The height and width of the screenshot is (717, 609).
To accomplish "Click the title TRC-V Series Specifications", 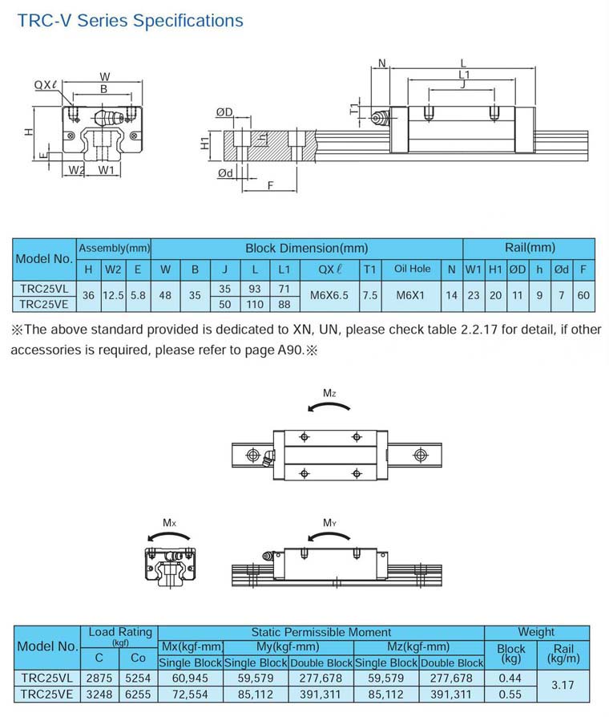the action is click(x=130, y=21).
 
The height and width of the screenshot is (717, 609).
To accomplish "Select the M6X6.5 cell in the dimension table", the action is click(x=329, y=295).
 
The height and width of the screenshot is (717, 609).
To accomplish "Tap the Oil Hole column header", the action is click(x=412, y=269).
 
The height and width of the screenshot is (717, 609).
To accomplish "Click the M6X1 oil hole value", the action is click(x=410, y=295).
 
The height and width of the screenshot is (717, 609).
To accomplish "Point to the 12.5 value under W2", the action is click(x=113, y=295).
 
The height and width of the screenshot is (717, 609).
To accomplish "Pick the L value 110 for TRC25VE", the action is click(x=255, y=304).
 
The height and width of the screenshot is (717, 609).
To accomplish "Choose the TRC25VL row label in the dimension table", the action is click(x=44, y=289).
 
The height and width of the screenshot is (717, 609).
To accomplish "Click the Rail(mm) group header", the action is click(x=530, y=248).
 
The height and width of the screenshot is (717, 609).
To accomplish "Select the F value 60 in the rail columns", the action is click(x=583, y=295).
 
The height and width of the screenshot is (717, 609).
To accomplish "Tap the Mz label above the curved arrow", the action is click(x=329, y=393).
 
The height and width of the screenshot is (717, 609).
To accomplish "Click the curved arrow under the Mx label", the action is click(x=168, y=536).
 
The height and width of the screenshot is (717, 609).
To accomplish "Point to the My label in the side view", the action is click(x=329, y=523).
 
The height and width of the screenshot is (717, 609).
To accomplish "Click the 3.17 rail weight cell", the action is click(x=563, y=685).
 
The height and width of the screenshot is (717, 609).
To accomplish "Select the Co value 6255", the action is click(x=138, y=694).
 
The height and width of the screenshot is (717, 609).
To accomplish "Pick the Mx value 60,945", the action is click(x=190, y=679).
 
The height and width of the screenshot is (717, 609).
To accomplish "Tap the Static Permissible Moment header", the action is click(x=321, y=633).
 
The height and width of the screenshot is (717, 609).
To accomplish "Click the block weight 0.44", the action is click(x=510, y=679).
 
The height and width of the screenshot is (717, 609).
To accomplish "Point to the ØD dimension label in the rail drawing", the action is click(x=224, y=112).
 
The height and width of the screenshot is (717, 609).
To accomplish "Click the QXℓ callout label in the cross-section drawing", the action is click(x=46, y=85).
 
